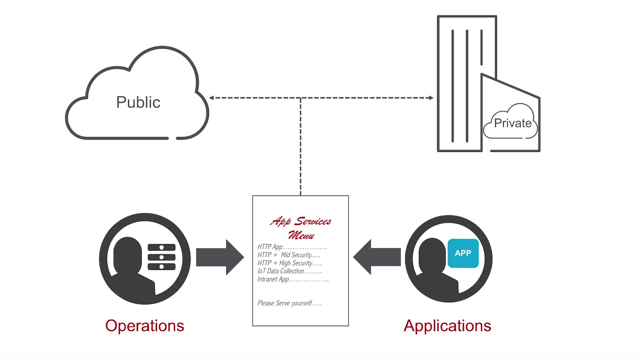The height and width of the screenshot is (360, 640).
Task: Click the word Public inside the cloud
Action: coord(138,102)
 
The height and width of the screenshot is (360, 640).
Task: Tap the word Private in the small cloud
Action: coord(512,123)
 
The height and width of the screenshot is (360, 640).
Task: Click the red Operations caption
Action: coord(145,326)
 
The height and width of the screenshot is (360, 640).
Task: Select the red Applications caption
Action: coord(447,326)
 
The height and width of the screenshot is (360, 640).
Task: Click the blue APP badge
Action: coord(463,253)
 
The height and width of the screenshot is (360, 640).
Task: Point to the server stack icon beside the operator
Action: coord(161,257)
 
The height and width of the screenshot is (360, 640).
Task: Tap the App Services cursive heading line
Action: coord(300,221)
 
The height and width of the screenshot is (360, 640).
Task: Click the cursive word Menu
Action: coord(301,235)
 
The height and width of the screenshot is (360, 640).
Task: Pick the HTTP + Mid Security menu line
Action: coord(289,255)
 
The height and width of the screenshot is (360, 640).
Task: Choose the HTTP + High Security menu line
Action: coord(290,263)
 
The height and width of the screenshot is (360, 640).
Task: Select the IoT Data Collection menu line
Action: coord(289,271)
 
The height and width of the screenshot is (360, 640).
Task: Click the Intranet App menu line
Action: coord(293,279)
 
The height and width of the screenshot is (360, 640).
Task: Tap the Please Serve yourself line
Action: coord(289,303)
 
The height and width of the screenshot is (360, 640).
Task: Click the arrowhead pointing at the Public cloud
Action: coord(211,98)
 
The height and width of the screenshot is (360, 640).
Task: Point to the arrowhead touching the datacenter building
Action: coord(431,98)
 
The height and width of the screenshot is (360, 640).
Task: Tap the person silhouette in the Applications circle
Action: coord(435,267)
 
